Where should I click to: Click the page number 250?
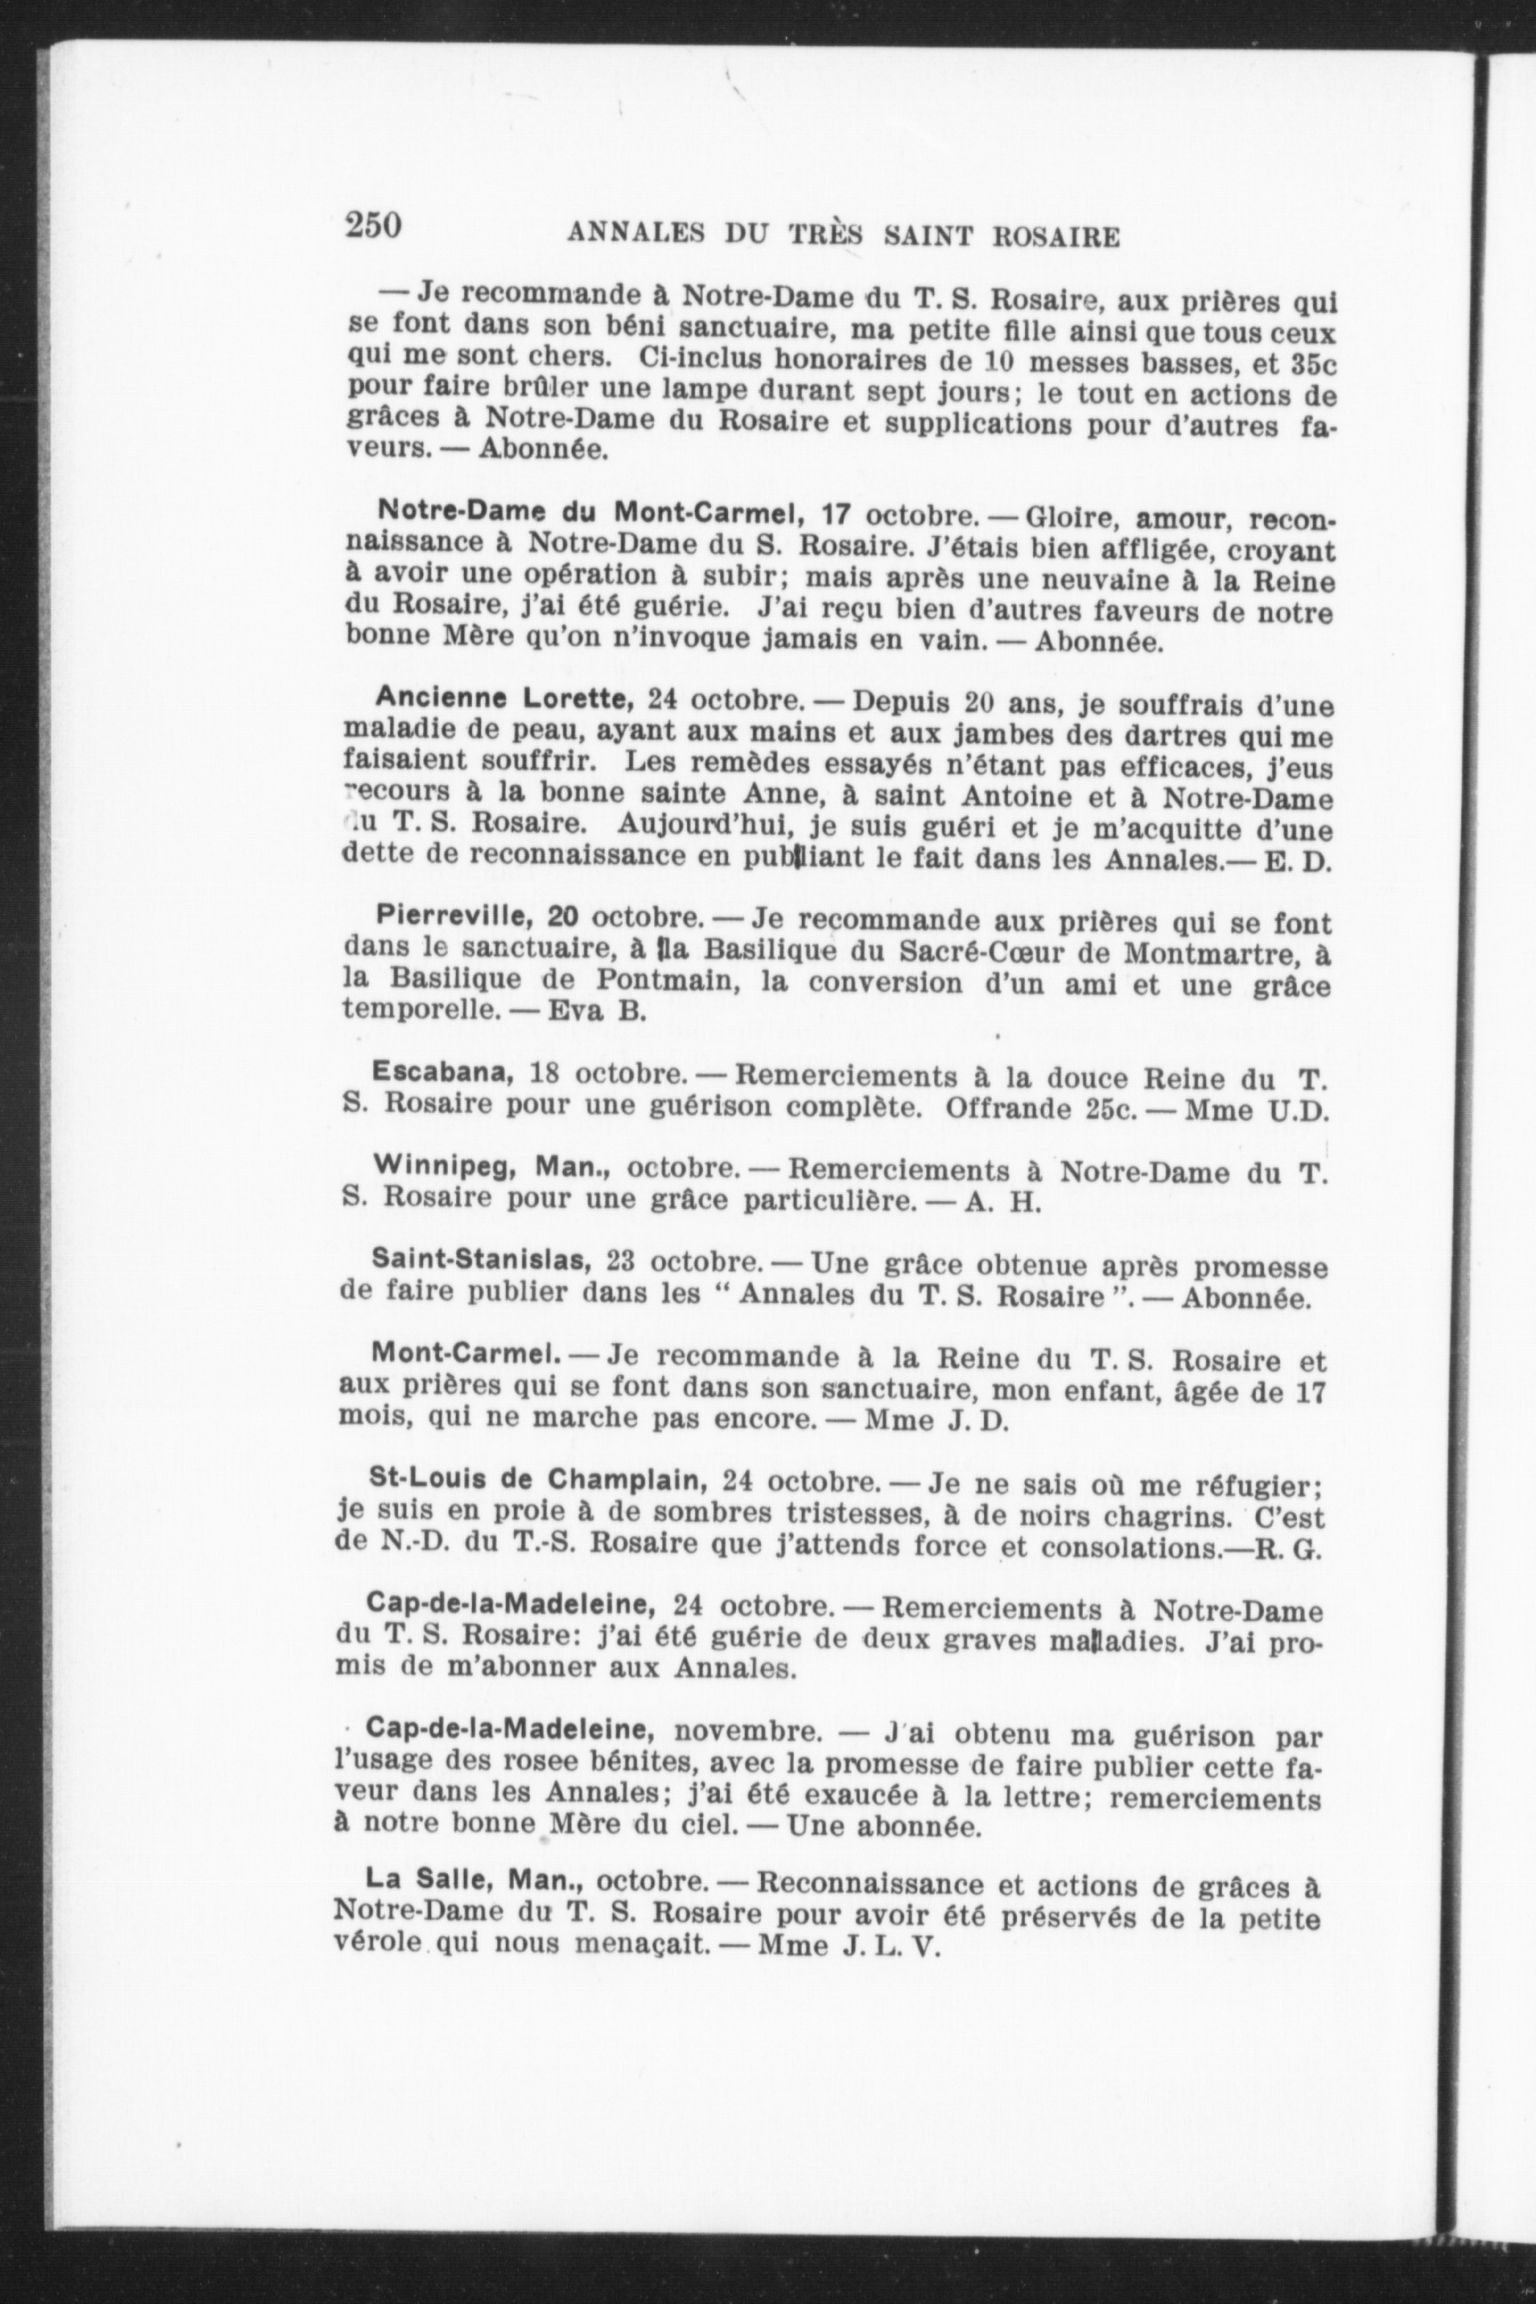pos(372,227)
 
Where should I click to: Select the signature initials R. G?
pos(1294,1548)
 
